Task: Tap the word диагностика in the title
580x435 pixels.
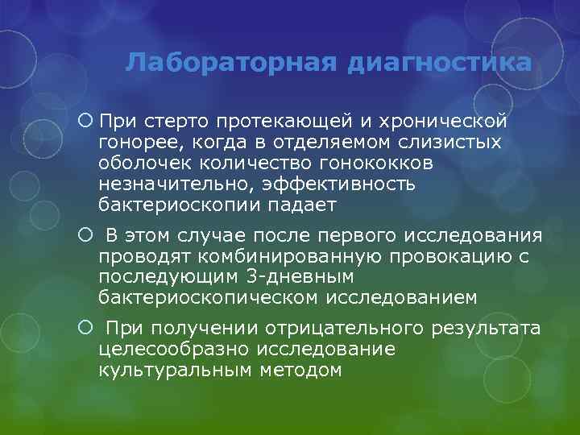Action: [440, 63]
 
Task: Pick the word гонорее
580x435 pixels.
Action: [133, 143]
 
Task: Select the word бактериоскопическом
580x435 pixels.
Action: [209, 298]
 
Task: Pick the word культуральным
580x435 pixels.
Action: [174, 371]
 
